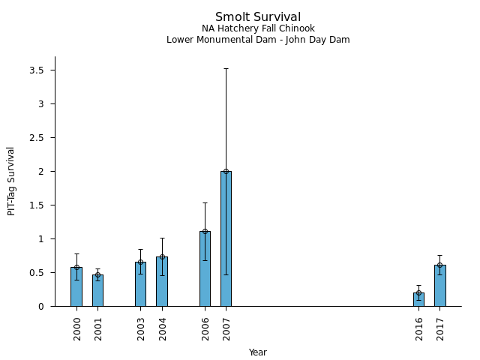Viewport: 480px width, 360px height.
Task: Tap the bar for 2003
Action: [140, 285]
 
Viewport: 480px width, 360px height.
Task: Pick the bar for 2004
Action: [162, 282]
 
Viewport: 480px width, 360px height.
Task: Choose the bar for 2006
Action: [205, 269]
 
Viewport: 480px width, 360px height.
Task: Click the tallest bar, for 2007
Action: [226, 239]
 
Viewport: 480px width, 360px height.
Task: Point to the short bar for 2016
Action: [418, 300]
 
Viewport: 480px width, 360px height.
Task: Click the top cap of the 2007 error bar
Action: [226, 69]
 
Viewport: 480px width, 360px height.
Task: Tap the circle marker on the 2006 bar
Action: [205, 231]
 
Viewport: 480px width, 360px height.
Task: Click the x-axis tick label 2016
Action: [419, 328]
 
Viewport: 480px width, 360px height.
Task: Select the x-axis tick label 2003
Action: [141, 328]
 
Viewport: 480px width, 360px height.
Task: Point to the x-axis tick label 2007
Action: [226, 328]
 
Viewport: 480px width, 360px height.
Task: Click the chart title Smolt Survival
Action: [258, 17]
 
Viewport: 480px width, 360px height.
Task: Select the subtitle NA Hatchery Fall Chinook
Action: [258, 28]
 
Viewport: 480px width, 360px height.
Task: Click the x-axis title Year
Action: [258, 352]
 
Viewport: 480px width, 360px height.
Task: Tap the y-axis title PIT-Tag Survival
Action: [12, 181]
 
